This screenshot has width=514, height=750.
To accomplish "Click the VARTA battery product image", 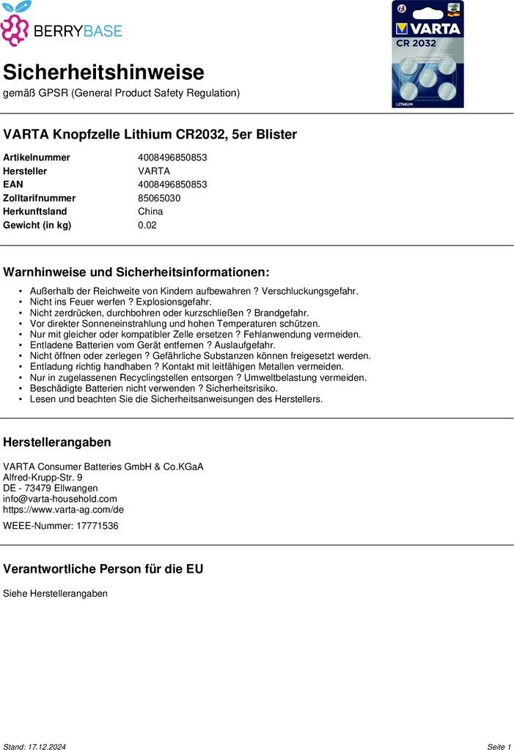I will pyautogui.click(x=427, y=55).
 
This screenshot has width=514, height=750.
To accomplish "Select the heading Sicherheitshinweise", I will pyautogui.click(x=103, y=73).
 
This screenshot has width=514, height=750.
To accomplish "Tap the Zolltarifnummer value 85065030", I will pyautogui.click(x=159, y=198).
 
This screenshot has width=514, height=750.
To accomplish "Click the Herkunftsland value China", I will pyautogui.click(x=150, y=212).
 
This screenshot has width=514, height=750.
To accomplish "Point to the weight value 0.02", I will pyautogui.click(x=147, y=225).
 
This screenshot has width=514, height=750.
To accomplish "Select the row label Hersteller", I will pyautogui.click(x=24, y=171).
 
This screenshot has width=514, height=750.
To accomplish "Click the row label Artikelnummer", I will pyautogui.click(x=37, y=157).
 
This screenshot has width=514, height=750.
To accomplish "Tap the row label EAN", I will pyautogui.click(x=14, y=185).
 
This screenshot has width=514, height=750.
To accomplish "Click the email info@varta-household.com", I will pyautogui.click(x=60, y=499).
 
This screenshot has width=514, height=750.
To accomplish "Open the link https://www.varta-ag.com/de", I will pyautogui.click(x=64, y=510).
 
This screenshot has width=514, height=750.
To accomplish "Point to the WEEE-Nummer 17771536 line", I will pyautogui.click(x=61, y=526).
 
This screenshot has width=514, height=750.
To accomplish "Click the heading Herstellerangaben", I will pyautogui.click(x=57, y=442).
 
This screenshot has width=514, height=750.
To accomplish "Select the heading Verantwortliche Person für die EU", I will pyautogui.click(x=103, y=569).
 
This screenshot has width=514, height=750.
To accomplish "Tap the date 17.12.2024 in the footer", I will pyautogui.click(x=47, y=746).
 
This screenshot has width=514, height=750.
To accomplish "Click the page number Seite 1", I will pyautogui.click(x=499, y=746).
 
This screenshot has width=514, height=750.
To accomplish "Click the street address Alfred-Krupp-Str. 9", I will pyautogui.click(x=43, y=478).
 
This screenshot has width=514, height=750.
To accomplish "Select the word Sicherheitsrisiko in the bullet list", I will pyautogui.click(x=241, y=388).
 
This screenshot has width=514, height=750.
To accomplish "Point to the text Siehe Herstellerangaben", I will pyautogui.click(x=55, y=593).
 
